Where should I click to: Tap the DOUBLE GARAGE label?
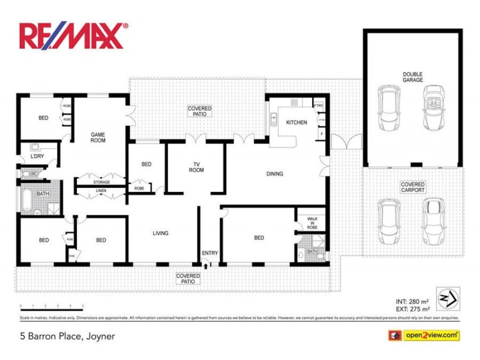[x=413, y=77]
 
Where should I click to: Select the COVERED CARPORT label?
[x=413, y=187]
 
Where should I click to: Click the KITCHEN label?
[x=296, y=122]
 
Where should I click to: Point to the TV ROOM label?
[x=196, y=167]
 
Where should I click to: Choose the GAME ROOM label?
[x=98, y=137]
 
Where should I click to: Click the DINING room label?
[x=274, y=174]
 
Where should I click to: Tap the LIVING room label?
[x=160, y=233]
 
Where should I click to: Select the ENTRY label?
[x=209, y=253]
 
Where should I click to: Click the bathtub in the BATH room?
[x=26, y=201]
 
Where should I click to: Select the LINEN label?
[x=101, y=191]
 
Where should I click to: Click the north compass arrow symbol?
[x=448, y=296]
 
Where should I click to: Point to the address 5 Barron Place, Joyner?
[x=67, y=337]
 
